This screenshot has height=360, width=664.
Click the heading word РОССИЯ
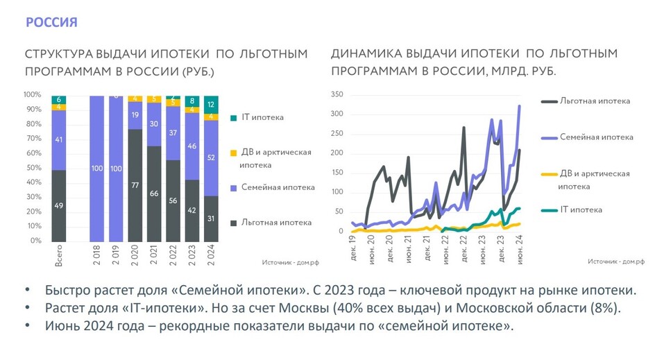coord(51,22)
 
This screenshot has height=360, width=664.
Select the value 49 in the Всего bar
coord(59,205)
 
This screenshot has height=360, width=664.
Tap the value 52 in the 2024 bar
coord(211,158)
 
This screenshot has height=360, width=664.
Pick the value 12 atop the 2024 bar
coord(211,104)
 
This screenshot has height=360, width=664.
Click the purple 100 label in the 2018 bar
coord(98,169)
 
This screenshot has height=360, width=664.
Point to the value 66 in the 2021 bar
coord(155,193)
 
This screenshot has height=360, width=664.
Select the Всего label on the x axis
coord(59,255)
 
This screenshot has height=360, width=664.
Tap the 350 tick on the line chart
coord(337,94)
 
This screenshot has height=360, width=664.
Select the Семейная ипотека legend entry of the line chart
coord(596,137)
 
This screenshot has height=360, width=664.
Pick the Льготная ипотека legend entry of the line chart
coord(595,101)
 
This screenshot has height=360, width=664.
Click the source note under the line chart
coord(616,262)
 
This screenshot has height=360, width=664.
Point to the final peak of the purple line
coord(520,106)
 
